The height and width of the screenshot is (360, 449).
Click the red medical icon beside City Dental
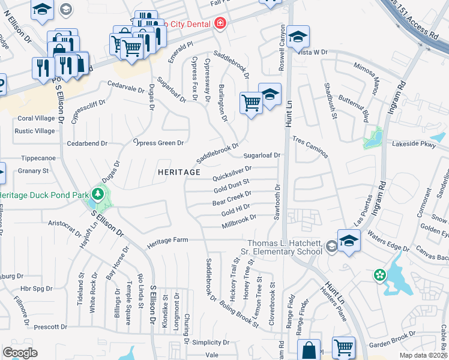coord(220,23)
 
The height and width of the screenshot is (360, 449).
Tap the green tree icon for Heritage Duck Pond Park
coord(97,194)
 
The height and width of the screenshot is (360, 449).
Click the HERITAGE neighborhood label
coord(179,172)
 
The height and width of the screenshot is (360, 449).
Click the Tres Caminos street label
coord(310,147)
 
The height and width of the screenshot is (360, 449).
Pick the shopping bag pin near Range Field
coord(309,349)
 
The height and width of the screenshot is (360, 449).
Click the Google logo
coord(20,353)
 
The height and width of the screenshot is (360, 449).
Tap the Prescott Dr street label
coord(51,327)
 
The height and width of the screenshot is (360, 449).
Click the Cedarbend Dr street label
coord(87,143)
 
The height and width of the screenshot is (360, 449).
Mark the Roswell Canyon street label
coord(282,40)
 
